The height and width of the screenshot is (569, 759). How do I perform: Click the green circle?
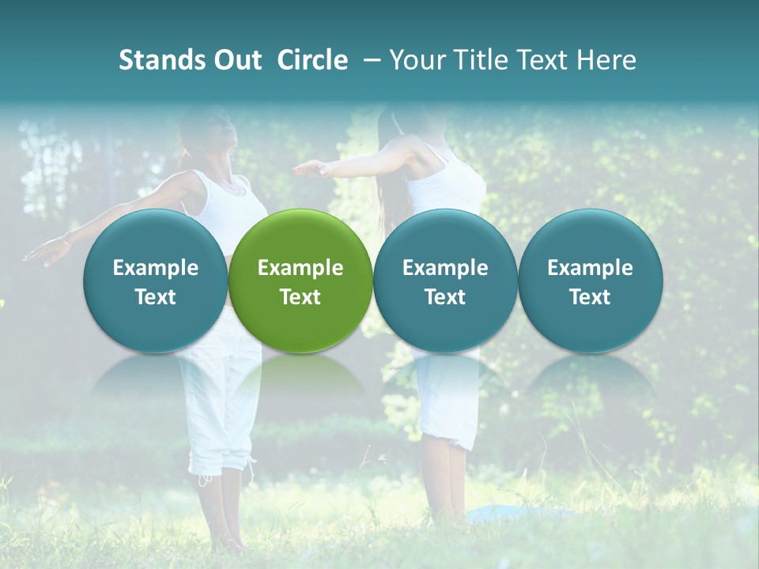pyautogui.click(x=300, y=281)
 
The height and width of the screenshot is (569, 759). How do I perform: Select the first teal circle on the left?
pyautogui.click(x=156, y=281)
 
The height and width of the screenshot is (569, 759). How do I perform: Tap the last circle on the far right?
pyautogui.click(x=590, y=281)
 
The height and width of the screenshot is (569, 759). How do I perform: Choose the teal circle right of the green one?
pyautogui.click(x=445, y=281)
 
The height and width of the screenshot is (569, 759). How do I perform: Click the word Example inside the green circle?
pyautogui.click(x=300, y=268)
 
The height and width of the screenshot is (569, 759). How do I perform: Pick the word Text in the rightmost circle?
pyautogui.click(x=590, y=297)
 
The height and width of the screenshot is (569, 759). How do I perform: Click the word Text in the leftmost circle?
pyautogui.click(x=156, y=297)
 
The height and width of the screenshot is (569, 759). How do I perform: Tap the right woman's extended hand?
pyautogui.click(x=310, y=168)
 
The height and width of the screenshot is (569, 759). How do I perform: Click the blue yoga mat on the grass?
pyautogui.click(x=514, y=514)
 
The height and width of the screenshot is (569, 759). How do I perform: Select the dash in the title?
pyautogui.click(x=369, y=60)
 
